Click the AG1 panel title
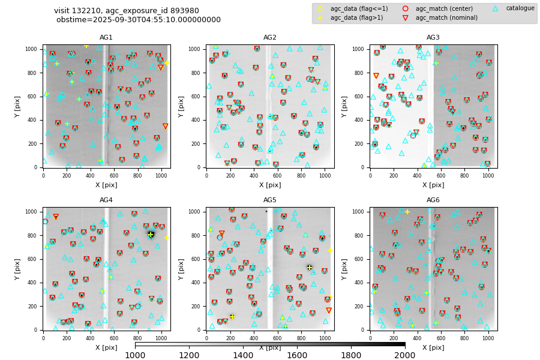[x=106, y=38]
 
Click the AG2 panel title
[x=270, y=38]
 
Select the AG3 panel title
[x=433, y=38]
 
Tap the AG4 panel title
[x=106, y=200]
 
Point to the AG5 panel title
[x=270, y=200]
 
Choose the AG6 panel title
[x=433, y=200]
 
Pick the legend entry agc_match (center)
[x=440, y=8]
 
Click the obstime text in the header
[x=139, y=20]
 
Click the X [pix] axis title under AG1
[x=106, y=185]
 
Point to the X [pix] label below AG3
[x=433, y=185]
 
